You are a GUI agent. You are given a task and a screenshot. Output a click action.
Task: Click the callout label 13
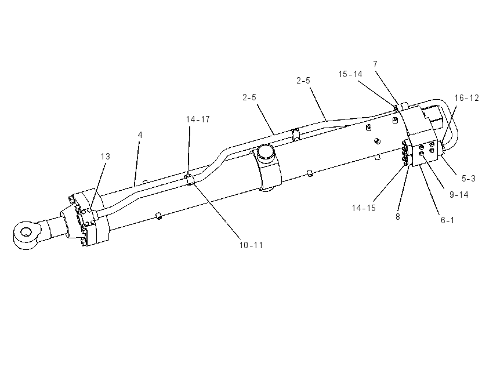click(106, 156)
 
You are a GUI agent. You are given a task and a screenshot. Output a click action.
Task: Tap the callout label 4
click(140, 135)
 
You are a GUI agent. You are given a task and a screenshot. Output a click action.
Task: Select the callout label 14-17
click(198, 119)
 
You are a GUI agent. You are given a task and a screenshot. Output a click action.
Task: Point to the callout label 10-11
click(251, 245)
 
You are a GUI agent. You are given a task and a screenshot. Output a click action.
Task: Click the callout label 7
click(375, 64)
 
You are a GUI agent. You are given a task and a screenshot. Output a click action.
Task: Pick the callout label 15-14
click(350, 74)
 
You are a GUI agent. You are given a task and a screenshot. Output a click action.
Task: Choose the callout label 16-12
click(466, 98)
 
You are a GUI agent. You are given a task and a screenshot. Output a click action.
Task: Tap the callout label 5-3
click(469, 179)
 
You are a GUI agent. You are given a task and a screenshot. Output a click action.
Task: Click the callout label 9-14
click(459, 195)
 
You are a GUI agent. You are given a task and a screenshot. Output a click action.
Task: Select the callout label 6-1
click(447, 220)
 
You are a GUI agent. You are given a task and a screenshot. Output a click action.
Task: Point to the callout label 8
click(398, 217)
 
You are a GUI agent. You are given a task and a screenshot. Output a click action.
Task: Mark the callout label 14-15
click(364, 208)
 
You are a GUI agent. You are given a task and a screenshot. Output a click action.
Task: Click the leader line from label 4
click(137, 164)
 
